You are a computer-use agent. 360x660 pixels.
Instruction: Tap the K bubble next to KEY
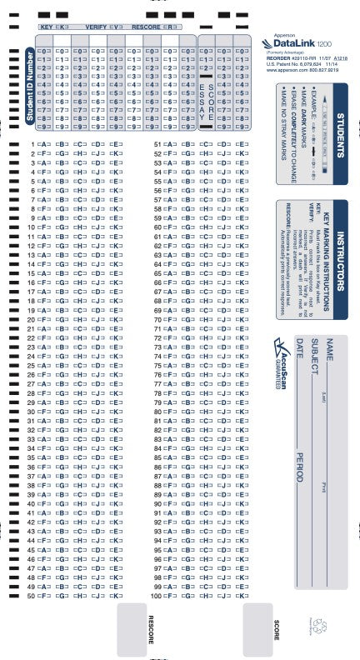(x=62, y=27)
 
